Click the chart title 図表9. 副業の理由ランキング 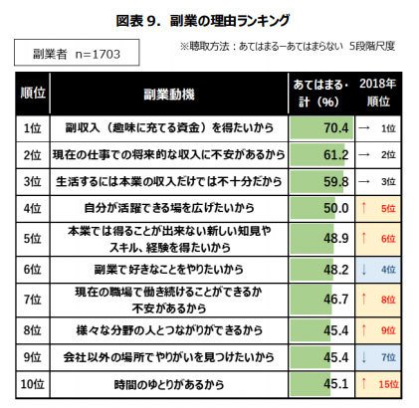click(x=203, y=21)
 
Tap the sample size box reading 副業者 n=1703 click(x=77, y=53)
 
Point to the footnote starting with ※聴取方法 click(x=288, y=47)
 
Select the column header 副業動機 click(x=169, y=95)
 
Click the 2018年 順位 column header click(x=378, y=93)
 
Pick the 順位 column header click(x=33, y=93)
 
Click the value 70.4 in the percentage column click(x=336, y=127)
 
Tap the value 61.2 click(x=336, y=154)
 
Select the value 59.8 click(x=336, y=181)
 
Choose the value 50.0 click(x=336, y=208)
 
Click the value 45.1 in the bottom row click(x=336, y=384)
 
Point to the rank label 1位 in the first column click(x=33, y=128)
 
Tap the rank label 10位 click(x=33, y=384)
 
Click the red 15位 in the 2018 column click(x=388, y=384)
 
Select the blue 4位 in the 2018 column click(x=388, y=270)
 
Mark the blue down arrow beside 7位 click(x=364, y=357)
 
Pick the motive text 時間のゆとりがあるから click(x=169, y=384)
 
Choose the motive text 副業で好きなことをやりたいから click(x=169, y=270)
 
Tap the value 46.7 click(x=336, y=300)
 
